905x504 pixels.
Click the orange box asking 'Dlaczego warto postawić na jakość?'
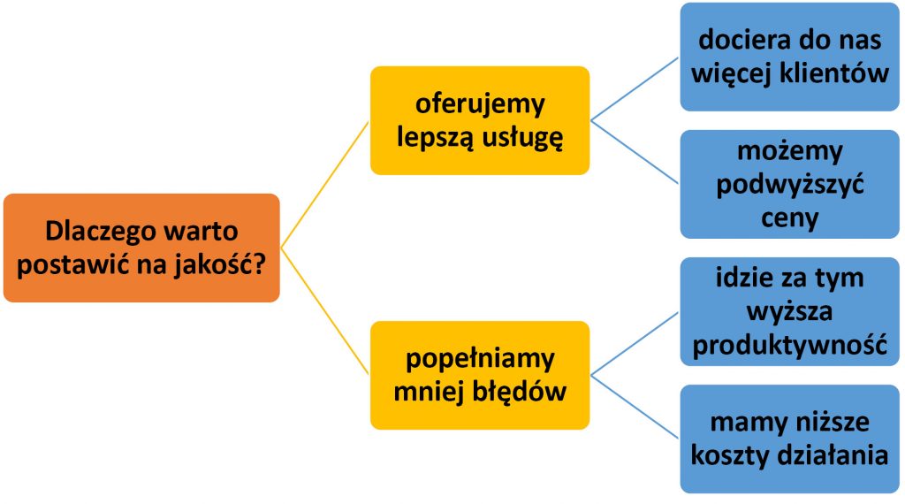click(x=141, y=248)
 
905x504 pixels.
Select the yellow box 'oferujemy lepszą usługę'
click(x=480, y=120)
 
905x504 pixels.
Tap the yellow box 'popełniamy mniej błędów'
click(x=480, y=375)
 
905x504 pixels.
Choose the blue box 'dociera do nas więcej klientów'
click(x=790, y=57)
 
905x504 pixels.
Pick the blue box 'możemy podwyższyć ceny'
click(x=790, y=184)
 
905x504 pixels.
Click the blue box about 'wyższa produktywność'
click(x=790, y=311)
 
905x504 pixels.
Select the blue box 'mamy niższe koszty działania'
click(x=790, y=439)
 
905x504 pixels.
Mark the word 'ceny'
click(x=790, y=218)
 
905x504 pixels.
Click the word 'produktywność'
click(x=790, y=345)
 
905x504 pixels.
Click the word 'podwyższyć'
click(x=790, y=185)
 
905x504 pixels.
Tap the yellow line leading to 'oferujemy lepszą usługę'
click(x=325, y=183)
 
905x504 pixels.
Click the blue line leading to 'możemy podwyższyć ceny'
click(x=635, y=152)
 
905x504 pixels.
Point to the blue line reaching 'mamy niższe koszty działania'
click(x=635, y=407)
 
